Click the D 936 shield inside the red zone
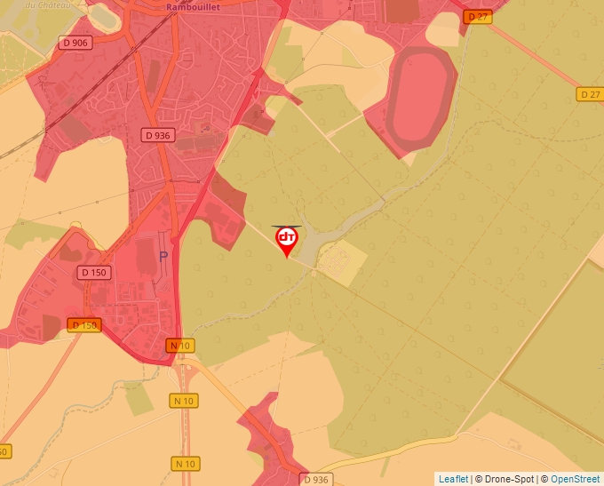click(157, 135)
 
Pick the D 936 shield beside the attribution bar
click(315, 480)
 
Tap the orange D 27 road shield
click(478, 17)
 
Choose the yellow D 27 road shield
click(589, 94)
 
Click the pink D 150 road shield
click(94, 272)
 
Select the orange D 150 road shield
click(83, 325)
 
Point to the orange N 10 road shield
click(180, 345)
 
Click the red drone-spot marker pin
click(287, 240)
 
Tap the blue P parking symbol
click(163, 256)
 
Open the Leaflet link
click(453, 479)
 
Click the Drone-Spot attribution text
click(506, 479)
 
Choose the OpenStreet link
click(575, 479)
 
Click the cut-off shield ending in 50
click(4, 451)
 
